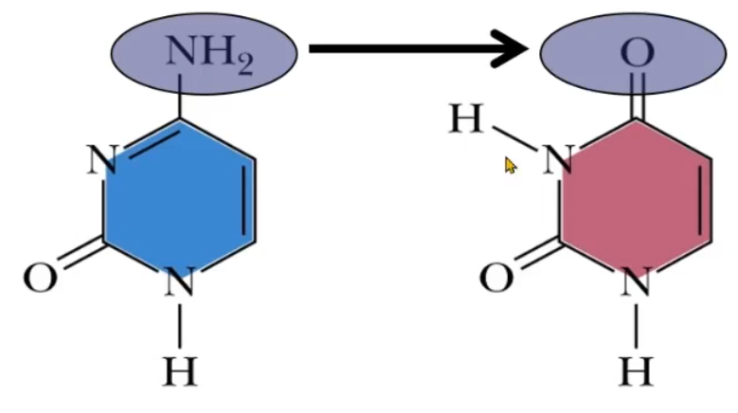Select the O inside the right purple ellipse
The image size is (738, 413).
tap(637, 53)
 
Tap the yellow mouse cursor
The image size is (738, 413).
tap(511, 167)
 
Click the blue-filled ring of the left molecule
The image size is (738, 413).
tap(181, 198)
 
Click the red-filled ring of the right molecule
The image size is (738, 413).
tap(636, 198)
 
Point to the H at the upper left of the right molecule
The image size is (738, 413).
tap(467, 120)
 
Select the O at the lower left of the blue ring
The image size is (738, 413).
tap(39, 278)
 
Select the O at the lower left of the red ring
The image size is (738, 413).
tap(496, 278)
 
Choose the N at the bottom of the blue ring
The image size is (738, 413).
tap(180, 281)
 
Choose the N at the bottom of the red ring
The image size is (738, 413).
tap(636, 281)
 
